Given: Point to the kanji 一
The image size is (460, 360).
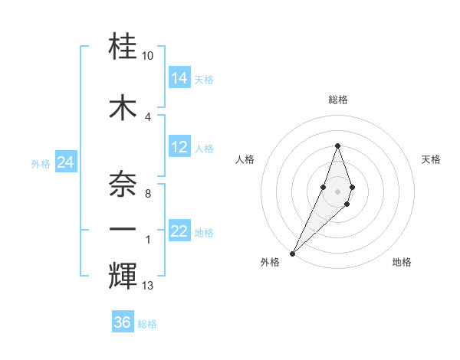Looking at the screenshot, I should [x=123, y=229].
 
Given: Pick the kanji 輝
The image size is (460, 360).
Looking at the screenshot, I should [x=123, y=273].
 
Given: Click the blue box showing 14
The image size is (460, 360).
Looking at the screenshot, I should [x=179, y=78].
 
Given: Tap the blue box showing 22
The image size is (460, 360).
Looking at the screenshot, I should [x=179, y=231].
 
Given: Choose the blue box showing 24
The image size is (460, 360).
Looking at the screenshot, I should [x=66, y=162].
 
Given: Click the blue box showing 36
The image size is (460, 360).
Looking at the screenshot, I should [x=123, y=322].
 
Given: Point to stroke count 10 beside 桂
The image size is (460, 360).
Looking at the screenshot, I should [x=148, y=56].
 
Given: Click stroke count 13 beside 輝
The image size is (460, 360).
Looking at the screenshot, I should [x=148, y=286].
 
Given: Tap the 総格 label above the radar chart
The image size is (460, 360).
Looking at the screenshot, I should [x=337, y=100].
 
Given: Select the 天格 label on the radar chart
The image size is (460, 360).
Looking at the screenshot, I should [x=431, y=159].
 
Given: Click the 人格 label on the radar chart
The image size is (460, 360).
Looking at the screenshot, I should [x=245, y=159].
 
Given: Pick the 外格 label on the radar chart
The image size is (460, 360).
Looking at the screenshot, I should [x=270, y=262].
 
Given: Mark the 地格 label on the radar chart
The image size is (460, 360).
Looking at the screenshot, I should [x=402, y=262].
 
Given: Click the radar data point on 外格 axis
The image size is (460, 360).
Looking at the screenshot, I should [x=292, y=252].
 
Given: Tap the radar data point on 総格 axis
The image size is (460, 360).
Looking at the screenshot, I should [x=337, y=146].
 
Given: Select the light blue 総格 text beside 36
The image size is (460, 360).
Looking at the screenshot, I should [x=147, y=323].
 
